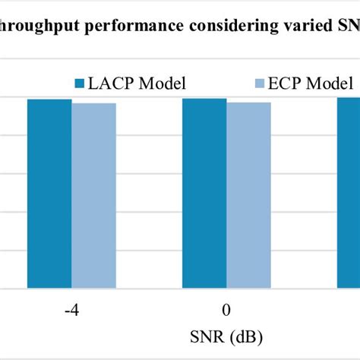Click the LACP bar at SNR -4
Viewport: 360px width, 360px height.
click(x=49, y=194)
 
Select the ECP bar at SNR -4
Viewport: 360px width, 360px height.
click(x=93, y=196)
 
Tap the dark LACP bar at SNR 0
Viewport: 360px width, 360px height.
click(x=204, y=194)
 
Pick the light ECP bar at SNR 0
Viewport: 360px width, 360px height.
click(x=248, y=195)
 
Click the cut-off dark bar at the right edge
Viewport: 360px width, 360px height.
click(x=349, y=193)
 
